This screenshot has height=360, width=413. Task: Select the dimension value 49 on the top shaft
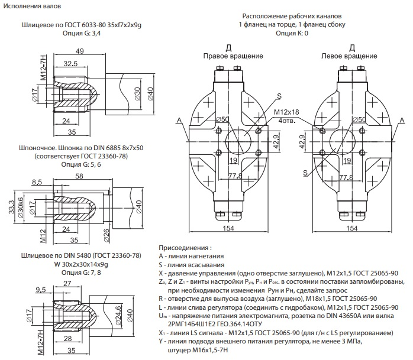pos(78,51)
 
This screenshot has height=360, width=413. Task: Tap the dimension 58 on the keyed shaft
pos(79,176)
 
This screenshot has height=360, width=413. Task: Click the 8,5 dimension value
pos(37,182)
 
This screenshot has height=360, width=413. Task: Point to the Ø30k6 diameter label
pos(23,209)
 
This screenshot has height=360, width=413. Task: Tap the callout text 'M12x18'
pos(286,112)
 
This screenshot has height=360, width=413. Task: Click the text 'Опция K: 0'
pos(292,34)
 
